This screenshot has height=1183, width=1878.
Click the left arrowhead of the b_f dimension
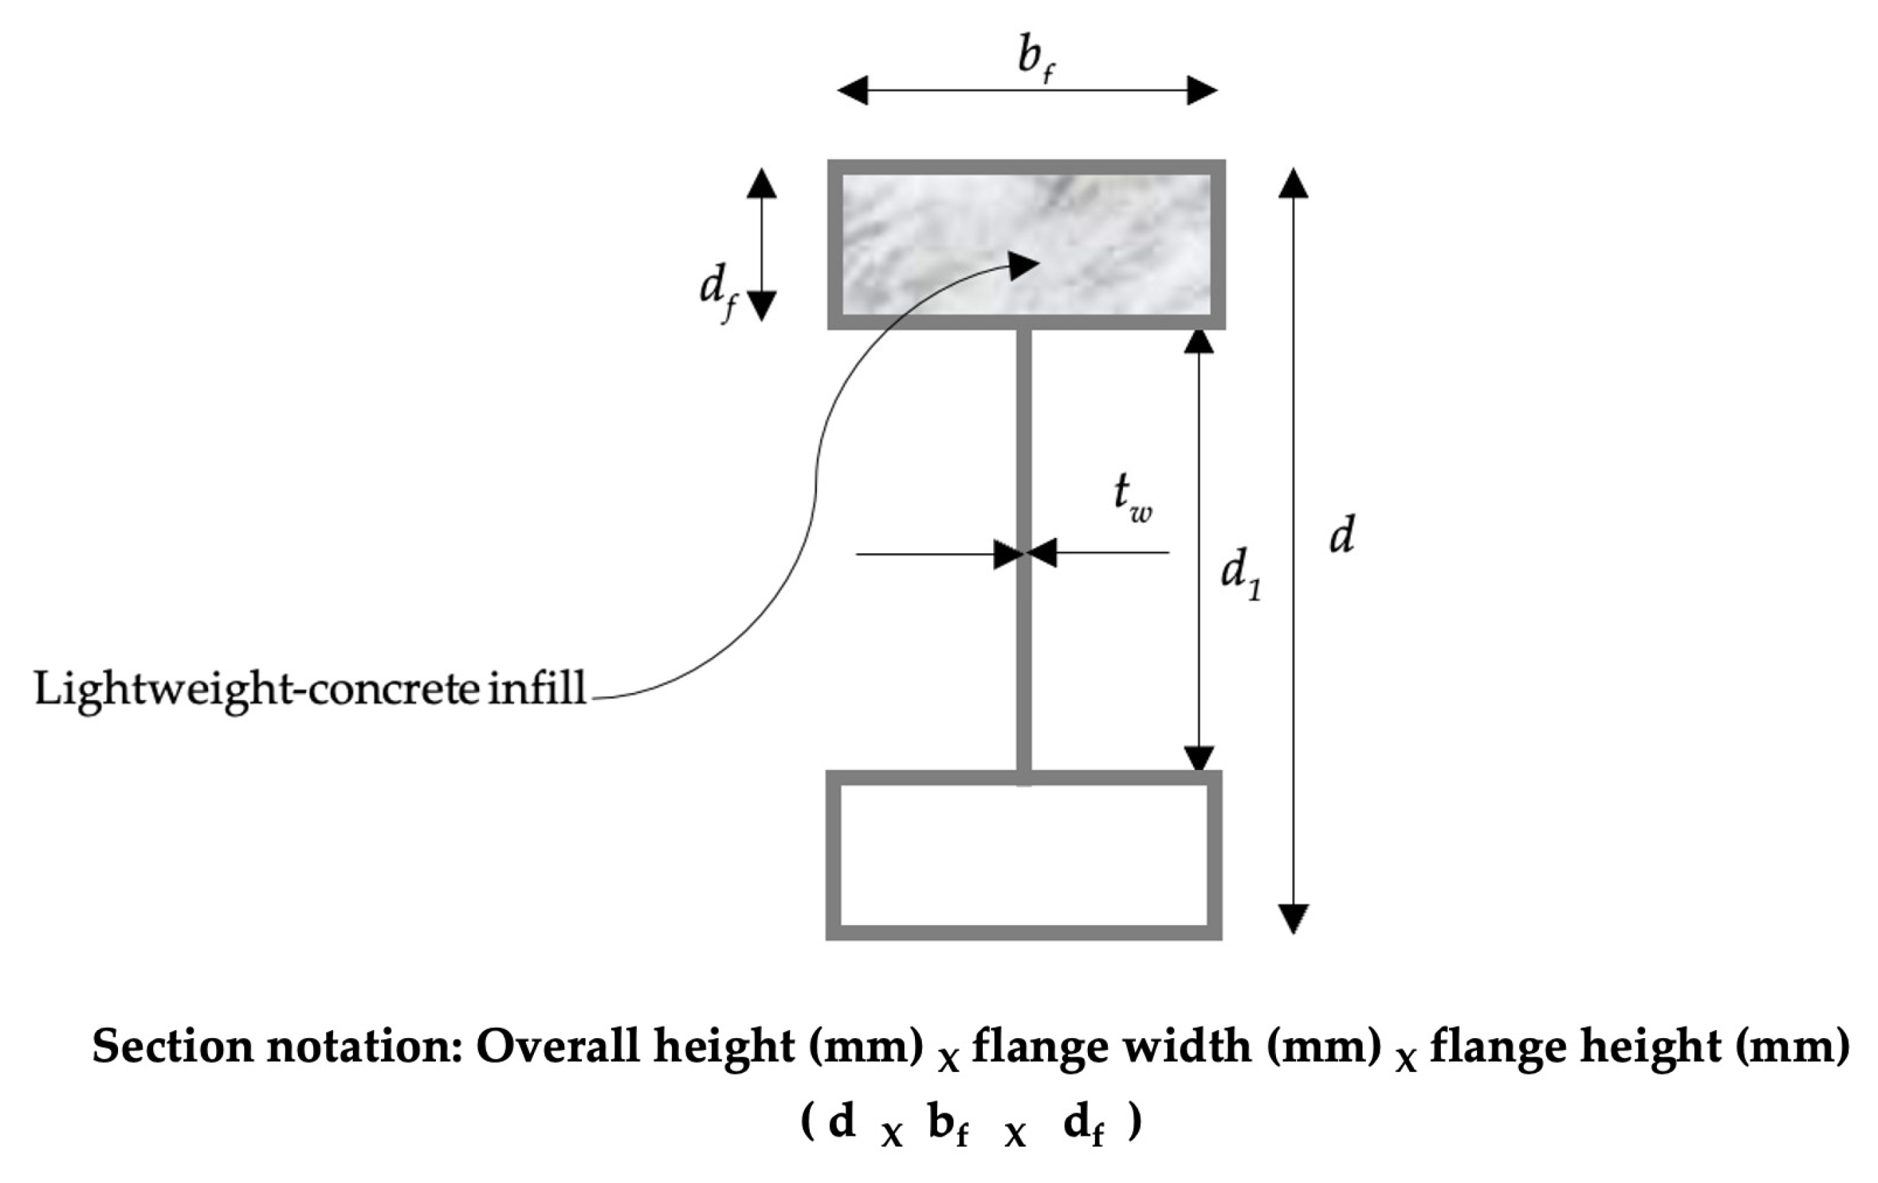853,91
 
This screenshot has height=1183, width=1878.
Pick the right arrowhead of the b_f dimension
1202,91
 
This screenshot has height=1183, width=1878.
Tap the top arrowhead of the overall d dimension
1293,184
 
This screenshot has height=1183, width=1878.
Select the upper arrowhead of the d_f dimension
761,184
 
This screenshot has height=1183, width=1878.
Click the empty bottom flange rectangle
1023,855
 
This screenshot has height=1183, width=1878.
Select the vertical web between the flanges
1024,640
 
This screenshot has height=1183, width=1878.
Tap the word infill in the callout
537,688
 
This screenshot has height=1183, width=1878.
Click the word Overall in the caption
557,1046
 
